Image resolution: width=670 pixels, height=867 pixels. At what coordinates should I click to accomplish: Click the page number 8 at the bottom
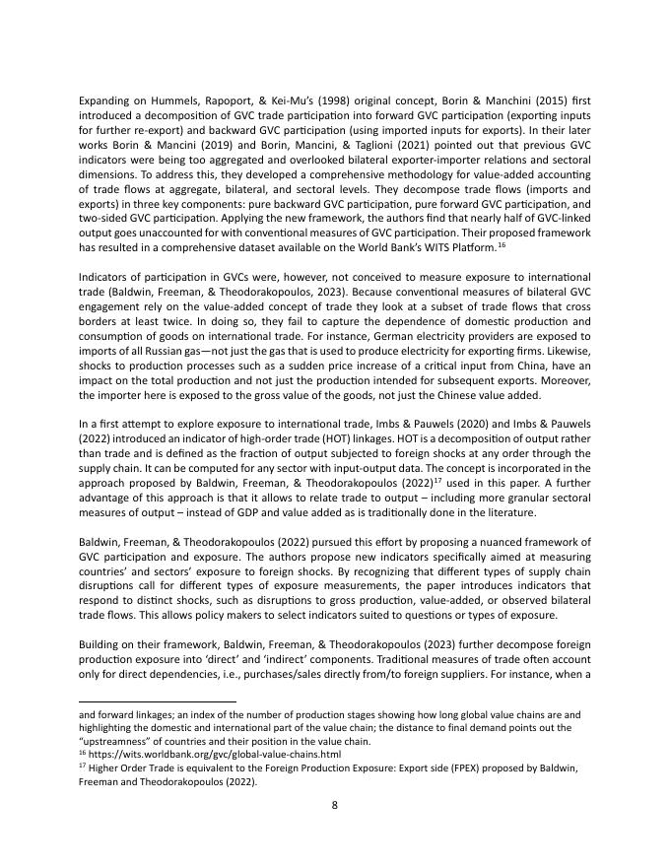(x=335, y=804)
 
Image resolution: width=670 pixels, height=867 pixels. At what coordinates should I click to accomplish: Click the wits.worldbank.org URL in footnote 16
(x=181, y=755)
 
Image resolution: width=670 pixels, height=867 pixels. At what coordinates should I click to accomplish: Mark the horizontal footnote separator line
(x=158, y=702)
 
